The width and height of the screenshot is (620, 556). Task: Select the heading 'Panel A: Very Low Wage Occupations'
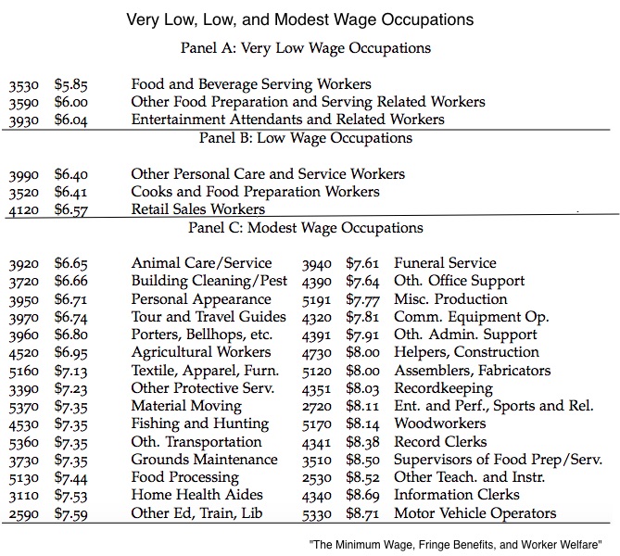pyautogui.click(x=307, y=48)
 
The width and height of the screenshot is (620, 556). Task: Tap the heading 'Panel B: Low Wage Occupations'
pyautogui.click(x=306, y=138)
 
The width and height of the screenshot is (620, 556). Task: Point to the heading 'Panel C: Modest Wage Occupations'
pyautogui.click(x=306, y=228)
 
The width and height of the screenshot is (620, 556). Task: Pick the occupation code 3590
pyautogui.click(x=23, y=102)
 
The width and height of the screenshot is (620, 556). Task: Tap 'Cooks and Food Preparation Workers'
pyautogui.click(x=255, y=192)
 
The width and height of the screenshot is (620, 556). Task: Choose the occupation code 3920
pyautogui.click(x=23, y=264)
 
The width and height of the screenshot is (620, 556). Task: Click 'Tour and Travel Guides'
pyautogui.click(x=201, y=317)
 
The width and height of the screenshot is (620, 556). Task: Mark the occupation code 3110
pyautogui.click(x=23, y=496)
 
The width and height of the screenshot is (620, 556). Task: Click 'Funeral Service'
pyautogui.click(x=445, y=263)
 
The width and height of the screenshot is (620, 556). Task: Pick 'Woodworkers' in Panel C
pyautogui.click(x=439, y=423)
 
